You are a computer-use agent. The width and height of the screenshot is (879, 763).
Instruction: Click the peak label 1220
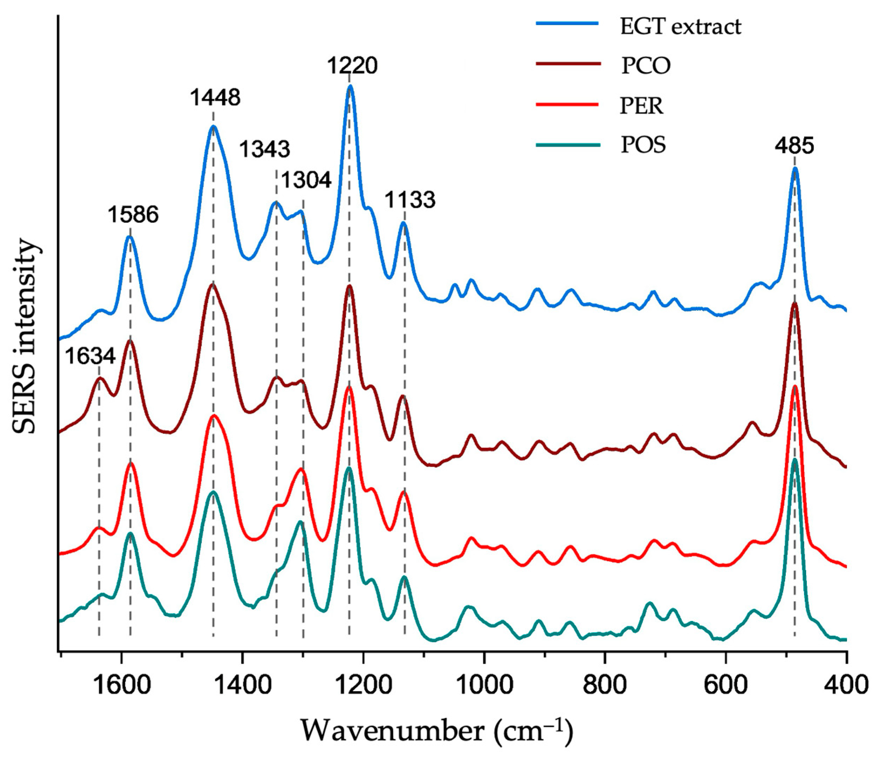[352, 66]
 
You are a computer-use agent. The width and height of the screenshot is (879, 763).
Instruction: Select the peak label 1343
[265, 149]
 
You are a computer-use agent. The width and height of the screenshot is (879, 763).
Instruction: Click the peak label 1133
[410, 200]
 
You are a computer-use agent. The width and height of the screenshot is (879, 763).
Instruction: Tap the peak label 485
[794, 146]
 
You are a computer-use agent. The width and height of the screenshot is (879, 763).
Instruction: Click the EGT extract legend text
[681, 27]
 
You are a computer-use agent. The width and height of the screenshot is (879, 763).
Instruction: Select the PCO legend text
[646, 66]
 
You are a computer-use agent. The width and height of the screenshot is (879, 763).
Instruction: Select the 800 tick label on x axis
[605, 687]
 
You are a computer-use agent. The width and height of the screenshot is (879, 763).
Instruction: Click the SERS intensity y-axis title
[25, 336]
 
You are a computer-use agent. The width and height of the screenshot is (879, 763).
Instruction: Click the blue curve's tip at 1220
[350, 86]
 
